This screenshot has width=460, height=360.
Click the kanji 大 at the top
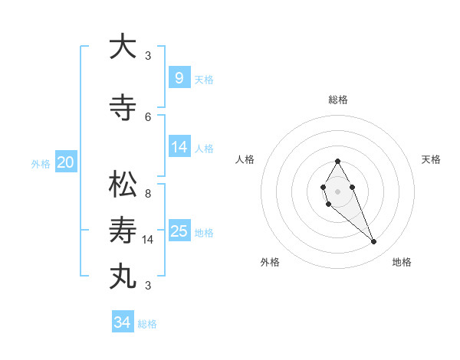pyautogui.click(x=123, y=47)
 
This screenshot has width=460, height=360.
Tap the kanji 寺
pyautogui.click(x=123, y=108)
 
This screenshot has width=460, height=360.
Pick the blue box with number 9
pyautogui.click(x=179, y=77)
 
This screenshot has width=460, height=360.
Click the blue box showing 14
pyautogui.click(x=179, y=146)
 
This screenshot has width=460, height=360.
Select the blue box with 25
pyautogui.click(x=179, y=231)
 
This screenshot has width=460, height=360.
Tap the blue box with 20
pyautogui.click(x=65, y=162)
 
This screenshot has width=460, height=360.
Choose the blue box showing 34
pyautogui.click(x=122, y=322)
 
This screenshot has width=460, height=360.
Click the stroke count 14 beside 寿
pyautogui.click(x=149, y=240)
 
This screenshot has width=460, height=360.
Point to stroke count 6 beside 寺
pyautogui.click(x=148, y=116)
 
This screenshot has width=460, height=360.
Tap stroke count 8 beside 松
pyautogui.click(x=148, y=194)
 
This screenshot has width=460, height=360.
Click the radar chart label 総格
pyautogui.click(x=338, y=100)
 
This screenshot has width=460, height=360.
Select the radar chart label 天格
pyautogui.click(x=432, y=159)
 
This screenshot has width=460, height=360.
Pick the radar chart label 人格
pyautogui.click(x=245, y=159)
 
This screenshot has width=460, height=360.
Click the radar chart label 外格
pyautogui.click(x=270, y=262)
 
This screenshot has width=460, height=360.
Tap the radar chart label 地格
pyautogui.click(x=402, y=262)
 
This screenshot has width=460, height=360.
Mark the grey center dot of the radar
pyautogui.click(x=337, y=190)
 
